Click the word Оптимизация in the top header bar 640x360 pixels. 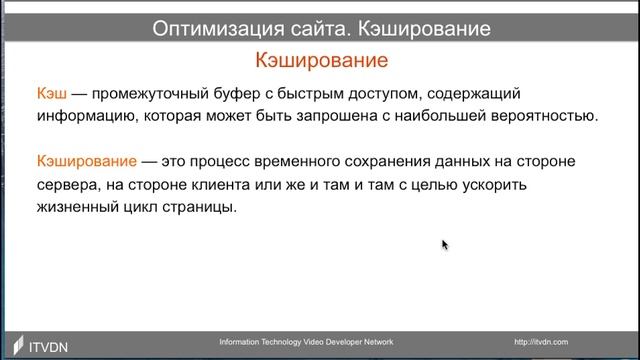pyautogui.click(x=211, y=29)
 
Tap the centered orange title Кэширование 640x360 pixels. pyautogui.click(x=321, y=62)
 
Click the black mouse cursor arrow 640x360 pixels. pyautogui.click(x=445, y=244)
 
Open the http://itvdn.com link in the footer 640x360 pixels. pyautogui.click(x=541, y=342)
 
